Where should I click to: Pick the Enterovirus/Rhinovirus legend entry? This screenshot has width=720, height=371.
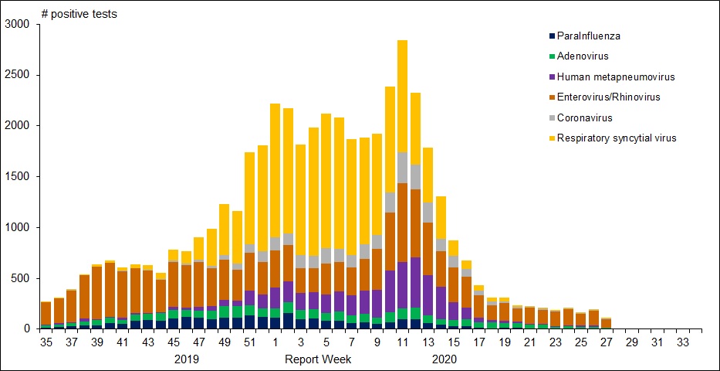point(609,97)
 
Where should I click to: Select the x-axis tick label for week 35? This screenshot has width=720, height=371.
point(46,341)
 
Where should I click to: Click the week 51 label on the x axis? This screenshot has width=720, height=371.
point(248,341)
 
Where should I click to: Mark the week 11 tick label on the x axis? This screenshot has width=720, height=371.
point(402,341)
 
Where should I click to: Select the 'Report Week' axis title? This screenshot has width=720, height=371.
point(318,359)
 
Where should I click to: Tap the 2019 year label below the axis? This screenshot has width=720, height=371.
point(187,359)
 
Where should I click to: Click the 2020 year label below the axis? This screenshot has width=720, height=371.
point(445,359)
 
